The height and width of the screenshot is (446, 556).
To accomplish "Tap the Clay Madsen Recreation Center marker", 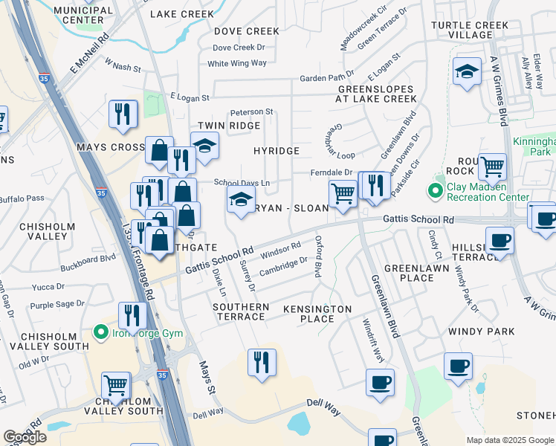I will click(x=436, y=191).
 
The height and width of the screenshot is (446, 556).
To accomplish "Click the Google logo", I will click(x=25, y=437).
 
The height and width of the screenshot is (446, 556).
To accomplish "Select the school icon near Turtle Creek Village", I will click(x=466, y=72).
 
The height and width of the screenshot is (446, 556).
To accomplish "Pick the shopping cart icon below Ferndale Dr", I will click(x=342, y=193).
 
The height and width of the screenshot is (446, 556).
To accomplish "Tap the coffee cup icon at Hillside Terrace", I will click(x=499, y=241).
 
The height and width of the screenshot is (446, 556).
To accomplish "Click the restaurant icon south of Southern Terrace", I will click(x=261, y=363).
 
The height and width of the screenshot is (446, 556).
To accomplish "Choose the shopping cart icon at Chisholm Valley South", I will click(x=117, y=385).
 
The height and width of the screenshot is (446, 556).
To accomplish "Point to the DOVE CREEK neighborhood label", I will click(x=247, y=31).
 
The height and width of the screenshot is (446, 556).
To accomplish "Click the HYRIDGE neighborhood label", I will click(x=277, y=151).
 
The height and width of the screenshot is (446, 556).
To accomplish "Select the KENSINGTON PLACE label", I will click(x=317, y=313).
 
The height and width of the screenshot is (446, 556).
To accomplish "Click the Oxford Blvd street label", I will click(x=320, y=256).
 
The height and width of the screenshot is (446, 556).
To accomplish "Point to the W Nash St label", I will click(x=123, y=66).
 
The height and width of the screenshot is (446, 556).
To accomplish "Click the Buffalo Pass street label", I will click(x=22, y=198).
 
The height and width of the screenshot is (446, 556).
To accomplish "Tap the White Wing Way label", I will click(x=237, y=63).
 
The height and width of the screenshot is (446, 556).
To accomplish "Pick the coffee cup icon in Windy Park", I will click(x=459, y=366).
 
